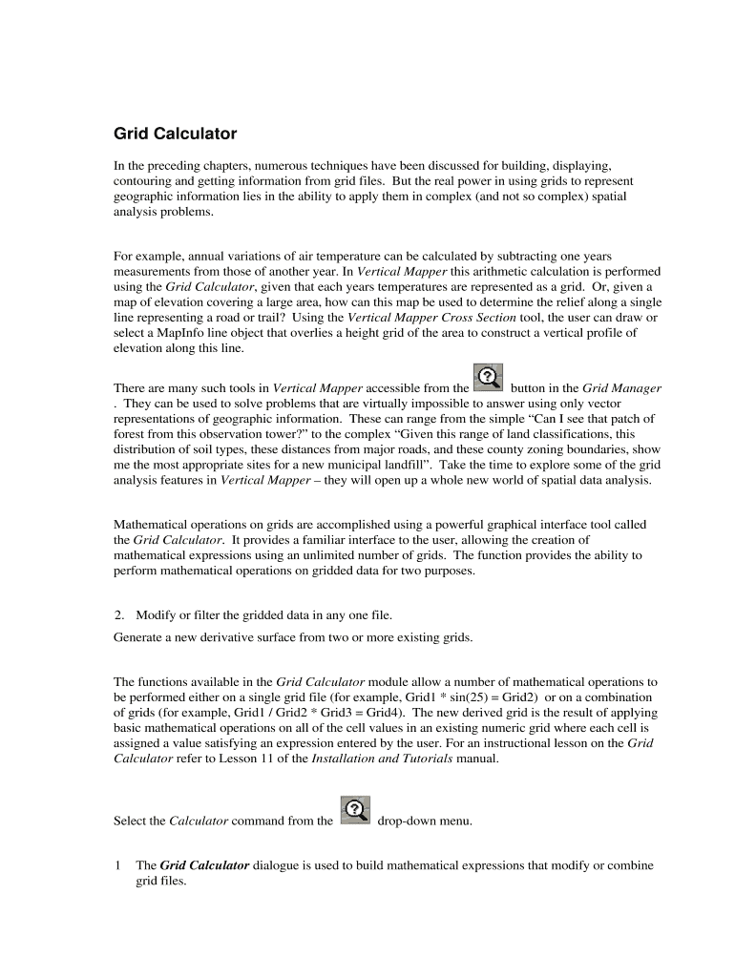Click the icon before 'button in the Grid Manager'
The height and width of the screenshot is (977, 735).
pyautogui.click(x=488, y=377)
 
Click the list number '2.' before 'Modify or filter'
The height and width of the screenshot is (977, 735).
pyautogui.click(x=120, y=614)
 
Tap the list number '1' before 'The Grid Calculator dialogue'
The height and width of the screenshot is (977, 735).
pyautogui.click(x=117, y=865)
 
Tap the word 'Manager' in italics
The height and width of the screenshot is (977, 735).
pyautogui.click(x=636, y=388)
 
